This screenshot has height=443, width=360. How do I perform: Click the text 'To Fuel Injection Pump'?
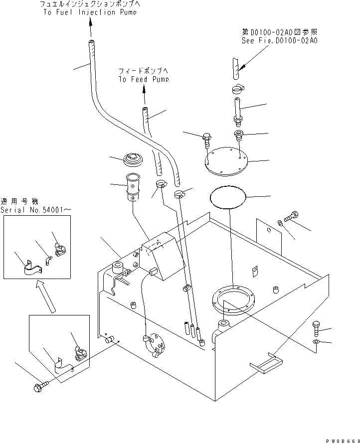90,12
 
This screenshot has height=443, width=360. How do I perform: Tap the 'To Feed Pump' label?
144,79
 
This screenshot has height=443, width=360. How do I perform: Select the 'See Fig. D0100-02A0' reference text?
279,41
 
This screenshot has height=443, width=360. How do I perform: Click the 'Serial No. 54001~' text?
36,210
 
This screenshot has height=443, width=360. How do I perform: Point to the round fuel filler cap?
133,159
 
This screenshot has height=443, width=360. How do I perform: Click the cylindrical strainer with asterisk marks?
133,187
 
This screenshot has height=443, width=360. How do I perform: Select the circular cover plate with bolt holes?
226,161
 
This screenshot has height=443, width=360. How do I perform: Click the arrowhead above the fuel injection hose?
91,22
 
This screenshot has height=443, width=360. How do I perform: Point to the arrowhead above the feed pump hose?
144,90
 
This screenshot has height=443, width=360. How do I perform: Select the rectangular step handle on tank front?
266,363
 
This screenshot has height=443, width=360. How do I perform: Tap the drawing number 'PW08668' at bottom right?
343,441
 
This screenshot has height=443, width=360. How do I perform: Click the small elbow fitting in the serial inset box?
48,260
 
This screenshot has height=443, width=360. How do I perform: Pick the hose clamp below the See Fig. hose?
237,89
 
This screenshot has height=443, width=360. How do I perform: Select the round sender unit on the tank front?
154,344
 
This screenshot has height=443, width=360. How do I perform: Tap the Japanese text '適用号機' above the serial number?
19,201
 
